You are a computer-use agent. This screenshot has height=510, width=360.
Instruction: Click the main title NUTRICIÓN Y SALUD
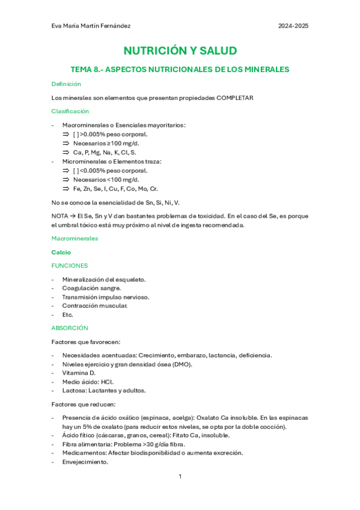click(x=180, y=51)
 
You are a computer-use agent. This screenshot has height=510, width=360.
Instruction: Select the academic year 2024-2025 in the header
click(x=293, y=26)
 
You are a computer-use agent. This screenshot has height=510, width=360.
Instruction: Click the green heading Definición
click(x=66, y=84)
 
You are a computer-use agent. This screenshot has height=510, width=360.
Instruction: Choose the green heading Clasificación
click(x=70, y=111)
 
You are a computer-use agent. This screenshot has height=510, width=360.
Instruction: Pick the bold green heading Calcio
click(x=61, y=253)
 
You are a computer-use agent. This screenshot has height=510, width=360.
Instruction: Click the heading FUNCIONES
click(x=70, y=265)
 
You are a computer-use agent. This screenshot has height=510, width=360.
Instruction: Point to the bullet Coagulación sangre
click(x=91, y=288)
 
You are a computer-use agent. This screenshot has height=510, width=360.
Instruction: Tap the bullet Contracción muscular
click(x=94, y=306)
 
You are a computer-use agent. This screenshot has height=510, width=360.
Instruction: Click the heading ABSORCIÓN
click(x=70, y=328)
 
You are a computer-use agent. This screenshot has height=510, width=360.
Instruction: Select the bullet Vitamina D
click(x=79, y=372)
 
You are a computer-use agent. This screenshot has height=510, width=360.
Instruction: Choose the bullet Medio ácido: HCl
click(x=88, y=381)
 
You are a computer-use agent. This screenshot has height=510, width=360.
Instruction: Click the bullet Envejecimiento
click(x=85, y=462)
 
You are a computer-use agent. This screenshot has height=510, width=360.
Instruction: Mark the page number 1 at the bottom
click(x=180, y=476)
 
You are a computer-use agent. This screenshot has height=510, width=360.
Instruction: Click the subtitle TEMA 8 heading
click(x=180, y=70)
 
